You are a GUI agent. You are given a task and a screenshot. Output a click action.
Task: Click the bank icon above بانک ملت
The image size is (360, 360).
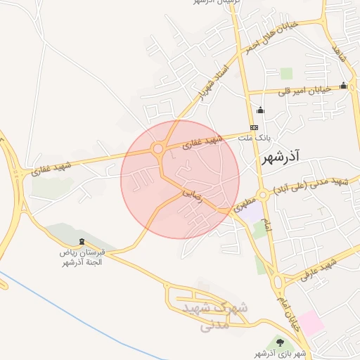(253, 127)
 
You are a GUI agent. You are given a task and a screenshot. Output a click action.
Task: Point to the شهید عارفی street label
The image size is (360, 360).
(319, 271)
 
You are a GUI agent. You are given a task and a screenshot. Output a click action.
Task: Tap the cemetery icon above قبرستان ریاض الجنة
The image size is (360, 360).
(83, 241)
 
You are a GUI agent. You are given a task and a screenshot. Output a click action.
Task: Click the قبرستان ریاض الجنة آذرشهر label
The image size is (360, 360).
(80, 257)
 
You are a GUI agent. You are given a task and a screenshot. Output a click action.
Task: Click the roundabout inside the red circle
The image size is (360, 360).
(157, 149)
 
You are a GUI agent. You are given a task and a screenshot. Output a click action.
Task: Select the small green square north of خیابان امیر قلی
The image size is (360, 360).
(286, 73)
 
